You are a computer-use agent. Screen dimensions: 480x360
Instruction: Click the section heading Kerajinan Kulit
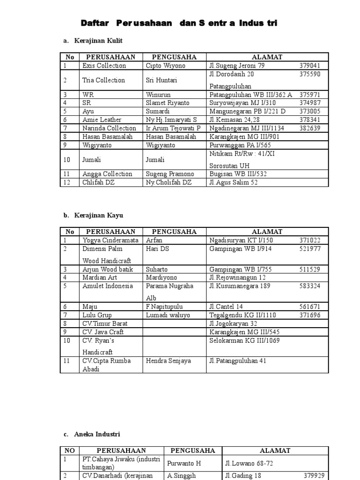(x=98, y=41)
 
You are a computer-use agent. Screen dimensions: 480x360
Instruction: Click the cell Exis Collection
(x=104, y=66)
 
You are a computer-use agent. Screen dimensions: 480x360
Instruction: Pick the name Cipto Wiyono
(x=165, y=66)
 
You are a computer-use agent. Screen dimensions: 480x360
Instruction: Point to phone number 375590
(x=310, y=74)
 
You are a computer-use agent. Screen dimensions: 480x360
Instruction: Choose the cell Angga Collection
(x=107, y=174)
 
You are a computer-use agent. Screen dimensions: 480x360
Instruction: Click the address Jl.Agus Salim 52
(x=233, y=182)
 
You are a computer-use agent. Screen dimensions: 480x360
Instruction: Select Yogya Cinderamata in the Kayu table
(x=111, y=240)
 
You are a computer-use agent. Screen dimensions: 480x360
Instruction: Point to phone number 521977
(x=310, y=248)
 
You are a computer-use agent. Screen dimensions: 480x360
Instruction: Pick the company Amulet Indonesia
(x=108, y=286)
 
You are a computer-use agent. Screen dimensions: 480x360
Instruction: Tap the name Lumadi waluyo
(x=168, y=315)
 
